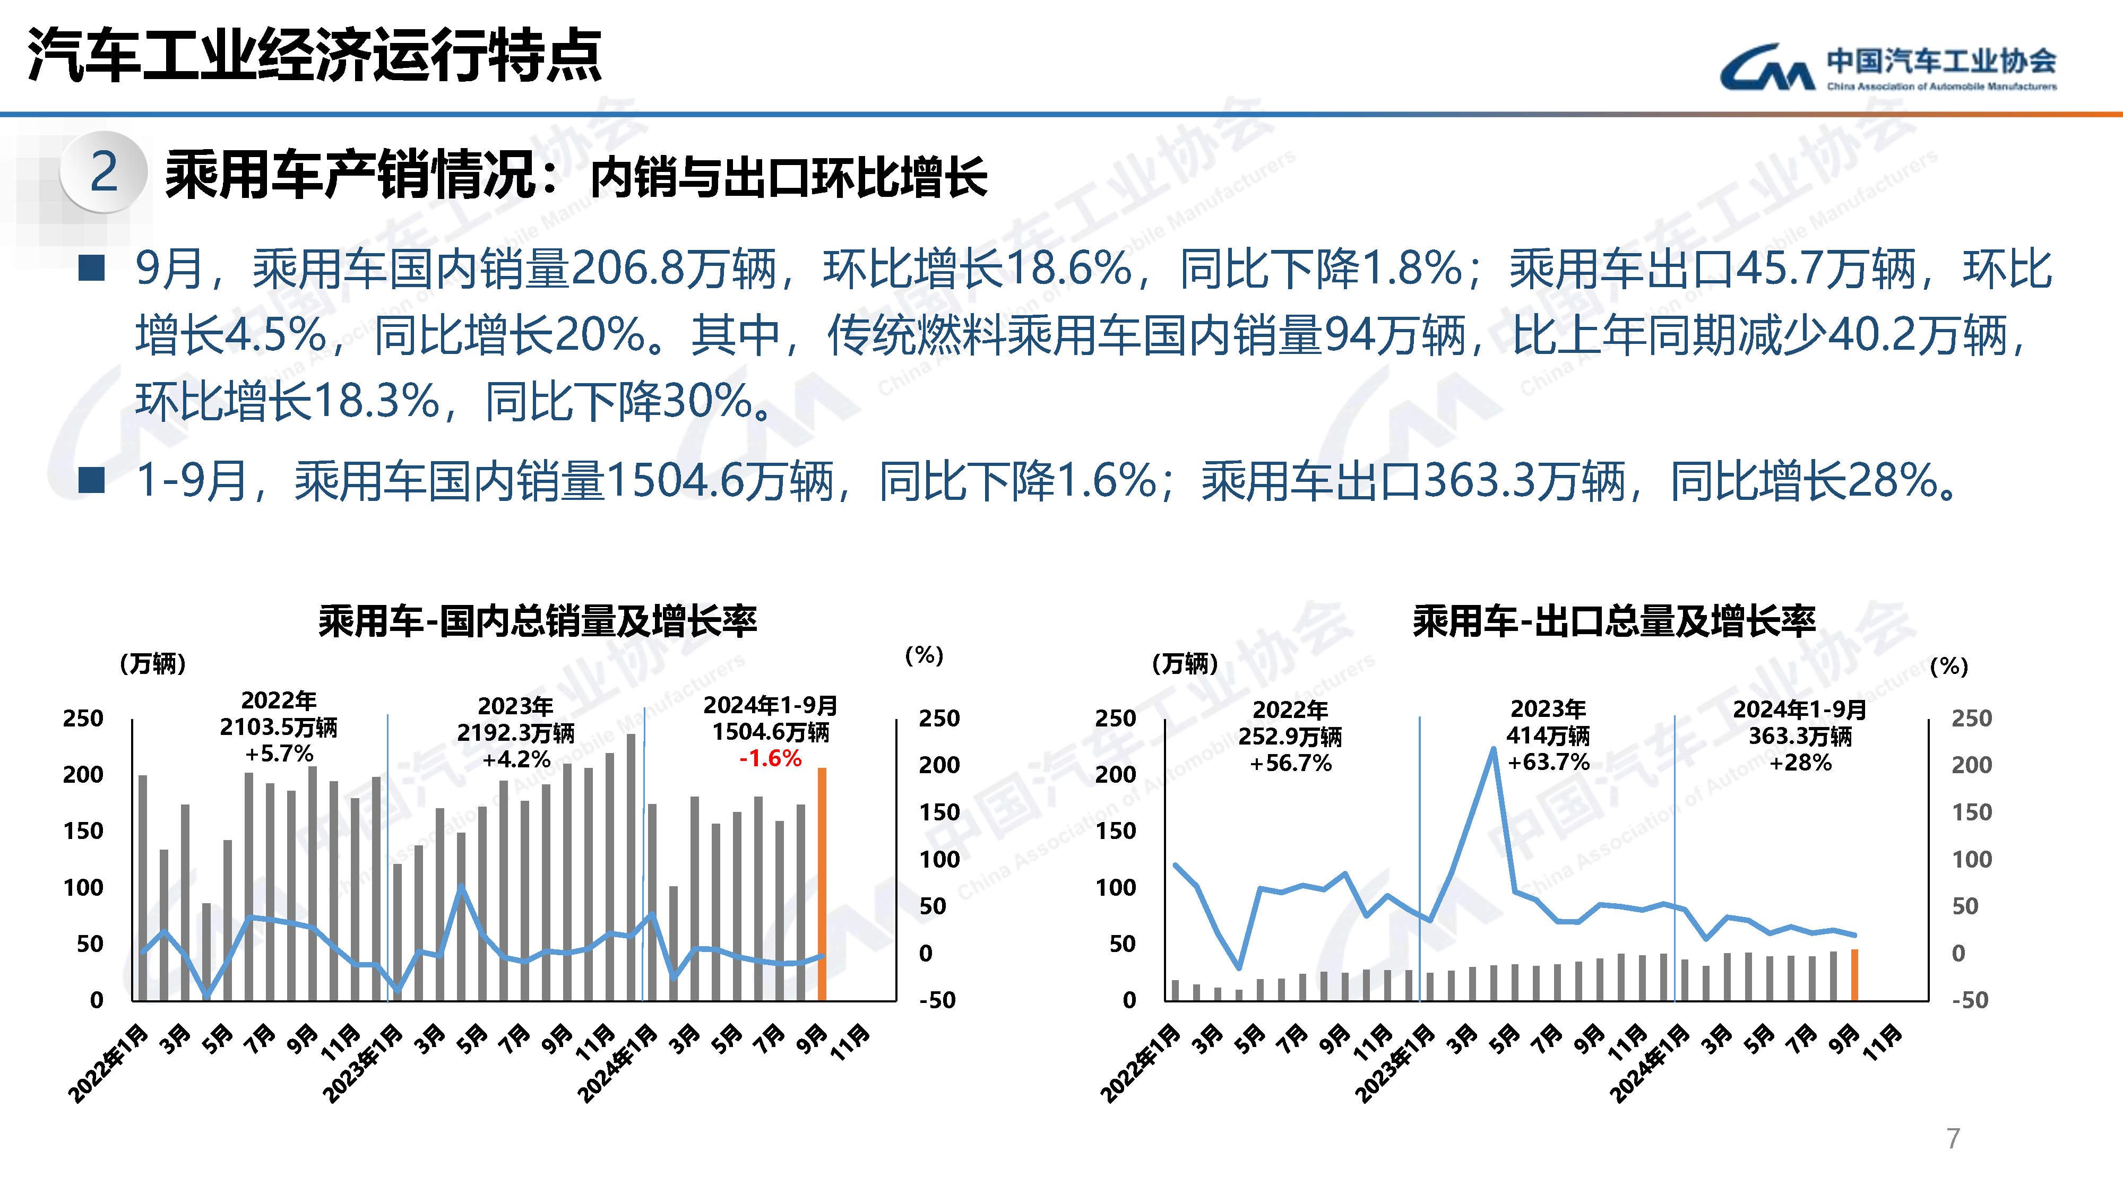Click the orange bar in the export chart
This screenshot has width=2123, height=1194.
1854,975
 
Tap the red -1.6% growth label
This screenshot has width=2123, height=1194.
770,758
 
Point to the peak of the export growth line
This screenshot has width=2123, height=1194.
1494,748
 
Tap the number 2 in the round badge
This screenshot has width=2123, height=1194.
104,172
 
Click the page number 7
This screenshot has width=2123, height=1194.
1953,1138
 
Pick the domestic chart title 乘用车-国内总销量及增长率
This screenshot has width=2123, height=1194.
537,620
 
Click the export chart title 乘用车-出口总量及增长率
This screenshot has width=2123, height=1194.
1613,620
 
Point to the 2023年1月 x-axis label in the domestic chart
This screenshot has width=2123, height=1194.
363,1063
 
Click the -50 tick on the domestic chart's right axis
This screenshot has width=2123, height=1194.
937,1000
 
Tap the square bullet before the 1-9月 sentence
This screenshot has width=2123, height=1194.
91,480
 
